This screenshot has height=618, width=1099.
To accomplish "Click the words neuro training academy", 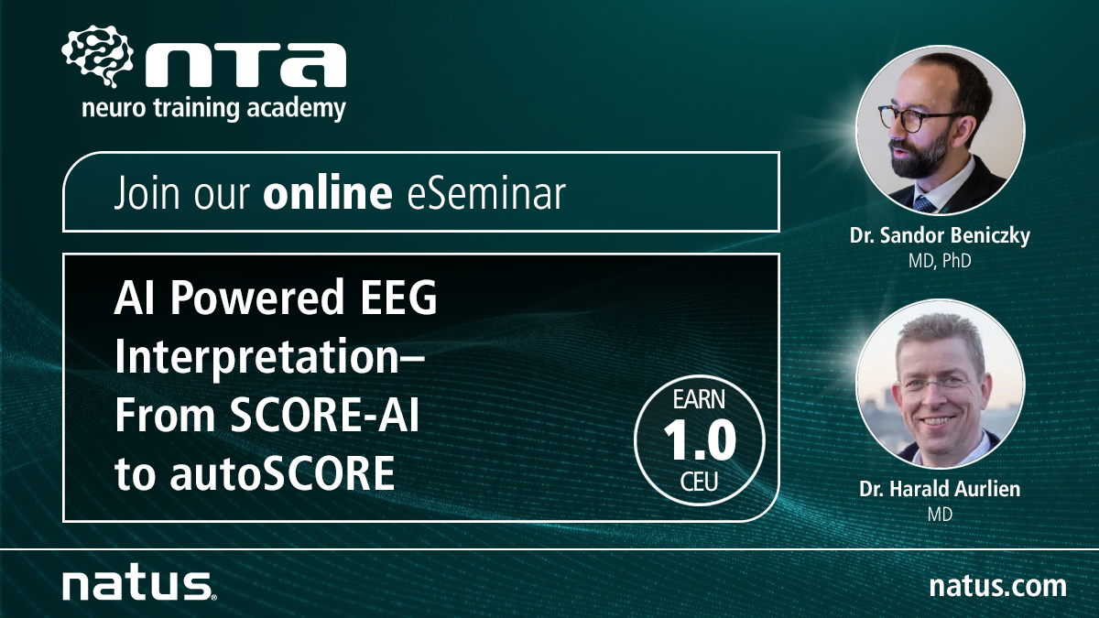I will point(213,109).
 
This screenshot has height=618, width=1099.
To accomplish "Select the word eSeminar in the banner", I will point(480,193).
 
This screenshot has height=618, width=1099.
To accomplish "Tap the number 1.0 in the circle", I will point(700,442).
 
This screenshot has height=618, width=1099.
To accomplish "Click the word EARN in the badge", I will point(700,401).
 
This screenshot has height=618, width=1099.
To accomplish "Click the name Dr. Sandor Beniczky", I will point(939,236).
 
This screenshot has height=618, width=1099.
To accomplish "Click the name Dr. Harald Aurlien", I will point(939,490).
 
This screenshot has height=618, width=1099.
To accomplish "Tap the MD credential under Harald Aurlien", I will point(939,515).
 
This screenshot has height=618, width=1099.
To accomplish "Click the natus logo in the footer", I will point(137,582).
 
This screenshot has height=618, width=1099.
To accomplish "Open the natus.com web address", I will point(996,584).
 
